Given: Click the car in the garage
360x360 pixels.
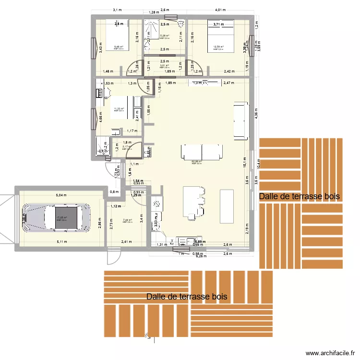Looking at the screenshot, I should click(x=57, y=218).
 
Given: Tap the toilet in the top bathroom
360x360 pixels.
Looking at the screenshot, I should click(x=180, y=23).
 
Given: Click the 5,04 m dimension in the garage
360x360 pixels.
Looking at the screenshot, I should click(x=61, y=195).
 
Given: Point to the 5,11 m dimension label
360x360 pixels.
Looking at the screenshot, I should click(x=61, y=242).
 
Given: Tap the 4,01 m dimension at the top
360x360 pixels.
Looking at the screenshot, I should click(x=220, y=10).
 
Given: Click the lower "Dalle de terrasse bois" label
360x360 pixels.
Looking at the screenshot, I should click(x=187, y=297).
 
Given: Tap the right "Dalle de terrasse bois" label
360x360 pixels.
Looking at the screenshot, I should click(x=300, y=196).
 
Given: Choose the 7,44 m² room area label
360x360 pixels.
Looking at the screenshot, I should click(x=127, y=220).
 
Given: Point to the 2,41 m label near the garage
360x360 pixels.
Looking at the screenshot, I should click(x=126, y=242).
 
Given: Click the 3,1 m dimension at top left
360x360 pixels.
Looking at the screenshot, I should click(x=117, y=10).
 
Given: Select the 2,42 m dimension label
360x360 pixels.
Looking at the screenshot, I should click(x=229, y=72).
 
